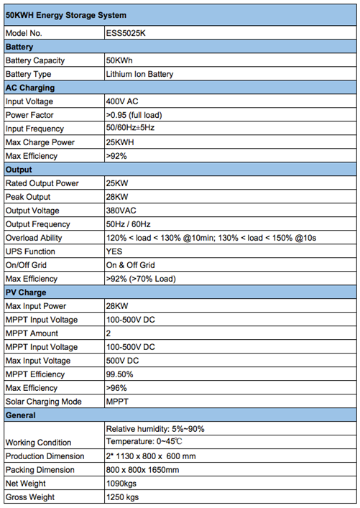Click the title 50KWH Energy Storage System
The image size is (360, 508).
coord(65,14)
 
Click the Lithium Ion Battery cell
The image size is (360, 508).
coord(139,74)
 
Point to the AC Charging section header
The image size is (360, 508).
coord(30,88)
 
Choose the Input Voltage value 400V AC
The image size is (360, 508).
coord(122,101)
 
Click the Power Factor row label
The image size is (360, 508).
coord(29,115)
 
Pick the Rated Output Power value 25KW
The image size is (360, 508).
coord(117,183)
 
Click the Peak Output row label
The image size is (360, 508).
coord(28,197)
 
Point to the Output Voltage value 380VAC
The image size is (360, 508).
coord(121,211)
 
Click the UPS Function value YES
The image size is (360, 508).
coord(114,251)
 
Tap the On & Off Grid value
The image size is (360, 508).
coord(131,265)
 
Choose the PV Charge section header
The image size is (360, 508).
coord(26,292)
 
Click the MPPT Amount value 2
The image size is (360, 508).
coord(109,333)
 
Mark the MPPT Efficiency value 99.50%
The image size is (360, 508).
coord(120,374)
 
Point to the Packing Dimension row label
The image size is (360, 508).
coord(40,470)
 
